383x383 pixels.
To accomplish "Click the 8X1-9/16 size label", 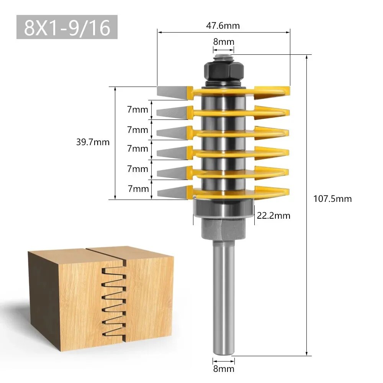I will (67, 27).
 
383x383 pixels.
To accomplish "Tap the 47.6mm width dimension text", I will (223, 26).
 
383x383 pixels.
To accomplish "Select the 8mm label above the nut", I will (223, 42).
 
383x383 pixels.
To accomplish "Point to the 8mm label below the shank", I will (223, 369).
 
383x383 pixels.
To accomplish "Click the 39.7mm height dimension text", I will (93, 142).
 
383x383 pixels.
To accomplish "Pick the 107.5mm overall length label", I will (332, 199).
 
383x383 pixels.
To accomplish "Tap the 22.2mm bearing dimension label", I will (273, 216).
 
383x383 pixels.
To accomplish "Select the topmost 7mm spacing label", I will (137, 110).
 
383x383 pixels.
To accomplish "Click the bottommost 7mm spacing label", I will (137, 188).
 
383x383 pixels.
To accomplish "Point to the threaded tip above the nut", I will (223, 58).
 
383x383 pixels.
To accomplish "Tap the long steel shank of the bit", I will (223, 299).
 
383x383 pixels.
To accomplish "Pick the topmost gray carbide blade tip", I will (172, 91).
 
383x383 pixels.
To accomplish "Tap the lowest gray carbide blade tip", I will (172, 191).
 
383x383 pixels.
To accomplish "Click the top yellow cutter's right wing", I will (272, 91).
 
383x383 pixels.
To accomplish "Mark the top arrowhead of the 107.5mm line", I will (307, 57).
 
